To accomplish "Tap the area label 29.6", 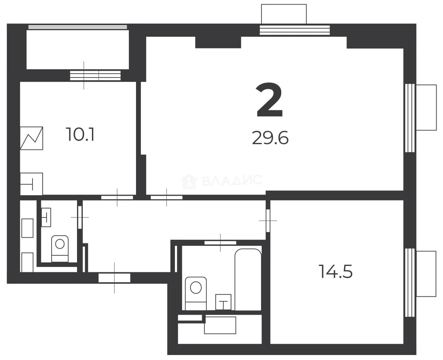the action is tap(270, 138).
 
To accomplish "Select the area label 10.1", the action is tap(80, 134).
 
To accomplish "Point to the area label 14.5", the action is tap(336, 272).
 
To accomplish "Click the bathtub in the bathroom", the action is tap(248, 279).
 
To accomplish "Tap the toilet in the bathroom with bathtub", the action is tap(196, 294).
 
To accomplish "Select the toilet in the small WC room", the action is tap(60, 249).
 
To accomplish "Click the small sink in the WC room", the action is tap(46, 217).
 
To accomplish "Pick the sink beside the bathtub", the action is tap(223, 302).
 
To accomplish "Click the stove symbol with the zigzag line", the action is tap(31, 138).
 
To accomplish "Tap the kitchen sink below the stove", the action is tap(31, 184).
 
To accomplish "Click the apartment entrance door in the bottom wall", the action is tap(114, 278).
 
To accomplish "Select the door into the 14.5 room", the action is tap(268, 221).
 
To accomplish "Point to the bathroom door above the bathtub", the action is tap(220, 243).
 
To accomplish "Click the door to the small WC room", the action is tap(80, 217).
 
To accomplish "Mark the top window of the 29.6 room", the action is tap(295, 30).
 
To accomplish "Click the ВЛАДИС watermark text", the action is tap(232, 180).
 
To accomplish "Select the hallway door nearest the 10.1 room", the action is tap(117, 197).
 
